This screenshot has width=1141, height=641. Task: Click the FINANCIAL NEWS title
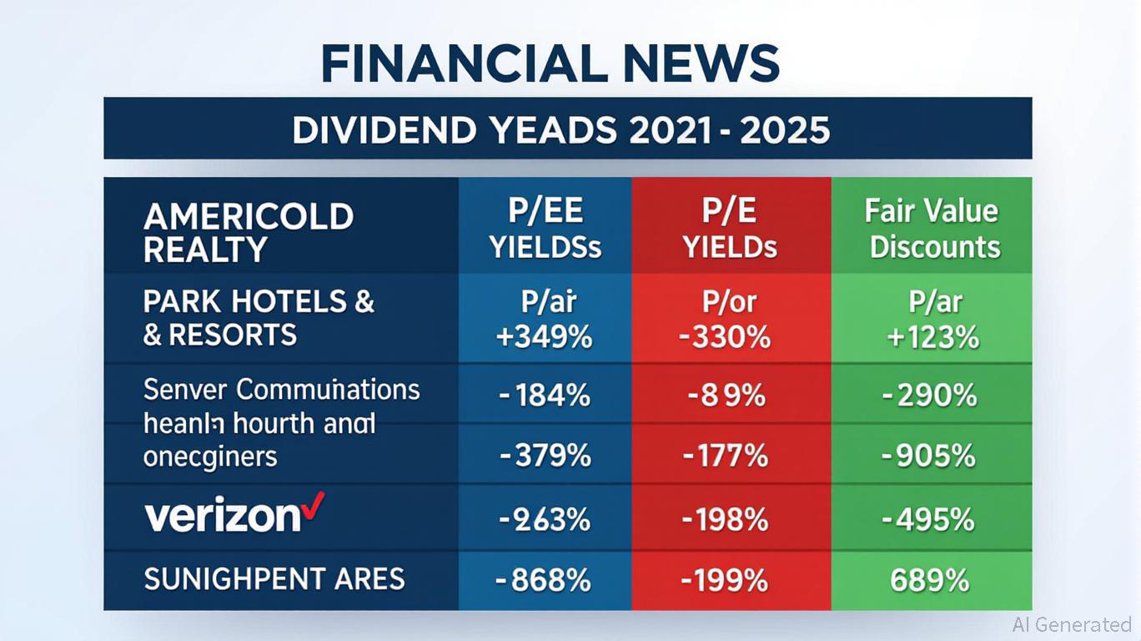pyautogui.click(x=550, y=63)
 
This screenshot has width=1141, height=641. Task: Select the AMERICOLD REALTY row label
pyautogui.click(x=248, y=232)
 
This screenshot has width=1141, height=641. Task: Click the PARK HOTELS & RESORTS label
pyautogui.click(x=259, y=318)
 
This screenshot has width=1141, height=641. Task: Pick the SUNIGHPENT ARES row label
pyautogui.click(x=274, y=578)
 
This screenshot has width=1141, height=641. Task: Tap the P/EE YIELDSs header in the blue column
pyautogui.click(x=545, y=229)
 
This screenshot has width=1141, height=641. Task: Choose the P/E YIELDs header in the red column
pyautogui.click(x=731, y=229)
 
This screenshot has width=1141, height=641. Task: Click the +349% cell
pyautogui.click(x=545, y=337)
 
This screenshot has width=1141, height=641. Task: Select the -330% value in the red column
pyautogui.click(x=731, y=337)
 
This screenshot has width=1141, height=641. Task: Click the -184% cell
pyautogui.click(x=545, y=394)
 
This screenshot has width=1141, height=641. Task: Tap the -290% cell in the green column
pyautogui.click(x=929, y=394)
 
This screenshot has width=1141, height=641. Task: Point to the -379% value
pyautogui.click(x=545, y=456)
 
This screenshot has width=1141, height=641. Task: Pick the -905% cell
pyautogui.click(x=929, y=456)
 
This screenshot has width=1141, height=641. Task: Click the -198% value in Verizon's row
pyautogui.click(x=725, y=520)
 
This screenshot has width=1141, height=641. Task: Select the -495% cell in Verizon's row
pyautogui.click(x=929, y=520)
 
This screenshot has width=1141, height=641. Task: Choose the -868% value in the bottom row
pyautogui.click(x=545, y=579)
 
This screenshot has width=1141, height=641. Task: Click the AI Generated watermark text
pyautogui.click(x=1071, y=623)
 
